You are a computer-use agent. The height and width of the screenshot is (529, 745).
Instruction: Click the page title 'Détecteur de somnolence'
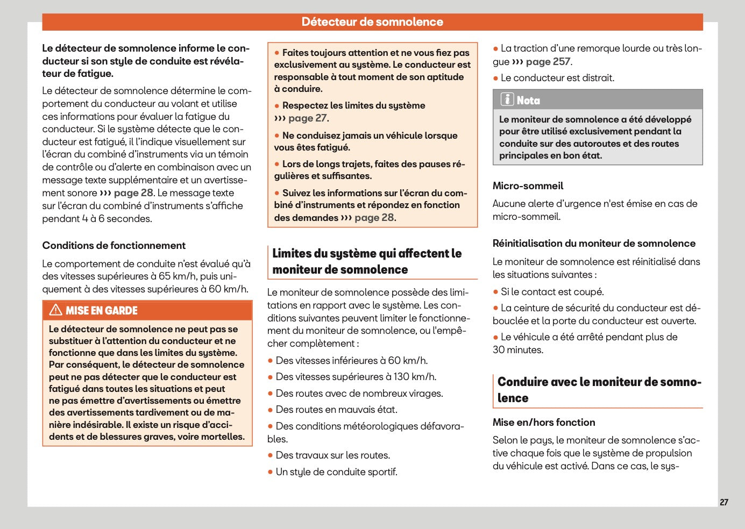click(x=372, y=22)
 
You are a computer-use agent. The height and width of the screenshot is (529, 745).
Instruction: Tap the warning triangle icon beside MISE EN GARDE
click(x=55, y=310)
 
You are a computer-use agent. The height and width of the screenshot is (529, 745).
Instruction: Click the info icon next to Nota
click(x=507, y=99)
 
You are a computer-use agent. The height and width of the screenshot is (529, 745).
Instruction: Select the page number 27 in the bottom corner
click(x=723, y=502)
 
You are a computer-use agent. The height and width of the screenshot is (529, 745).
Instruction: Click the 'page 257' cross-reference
click(x=548, y=62)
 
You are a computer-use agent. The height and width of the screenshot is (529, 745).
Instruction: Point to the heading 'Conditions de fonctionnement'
click(x=113, y=246)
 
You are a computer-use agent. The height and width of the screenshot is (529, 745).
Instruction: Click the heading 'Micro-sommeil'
click(x=528, y=186)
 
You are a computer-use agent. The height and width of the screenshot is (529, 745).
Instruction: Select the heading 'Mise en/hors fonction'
click(x=543, y=423)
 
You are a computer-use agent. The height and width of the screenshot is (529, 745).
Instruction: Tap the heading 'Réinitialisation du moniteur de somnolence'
click(x=594, y=244)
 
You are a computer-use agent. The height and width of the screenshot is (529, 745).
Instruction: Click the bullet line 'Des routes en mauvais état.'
click(x=336, y=410)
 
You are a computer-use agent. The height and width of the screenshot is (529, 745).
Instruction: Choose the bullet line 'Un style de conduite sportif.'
click(x=336, y=472)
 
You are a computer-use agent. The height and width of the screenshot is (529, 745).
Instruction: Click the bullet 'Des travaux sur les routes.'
click(x=332, y=455)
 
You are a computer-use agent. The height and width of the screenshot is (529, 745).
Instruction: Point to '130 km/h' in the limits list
click(x=414, y=377)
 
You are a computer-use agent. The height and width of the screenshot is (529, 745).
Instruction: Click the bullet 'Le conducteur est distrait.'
click(x=557, y=78)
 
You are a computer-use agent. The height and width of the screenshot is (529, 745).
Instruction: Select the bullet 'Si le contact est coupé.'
click(x=552, y=292)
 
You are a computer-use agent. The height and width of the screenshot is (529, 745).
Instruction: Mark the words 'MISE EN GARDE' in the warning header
click(x=102, y=311)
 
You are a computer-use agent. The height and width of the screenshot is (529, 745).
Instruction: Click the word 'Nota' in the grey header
click(x=528, y=101)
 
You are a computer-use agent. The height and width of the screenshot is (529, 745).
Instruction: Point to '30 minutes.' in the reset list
click(x=517, y=350)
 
